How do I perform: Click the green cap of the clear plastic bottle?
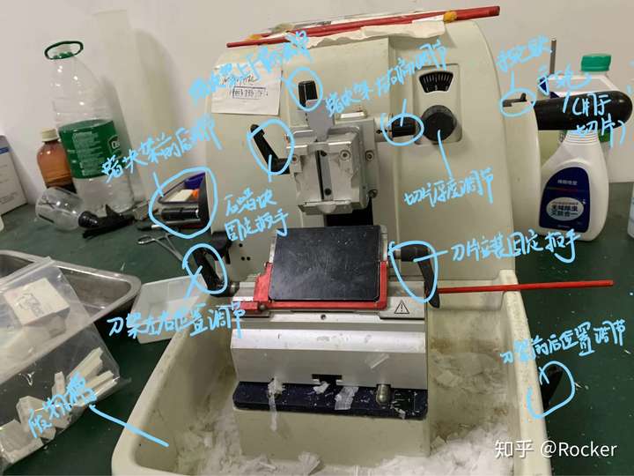63,49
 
